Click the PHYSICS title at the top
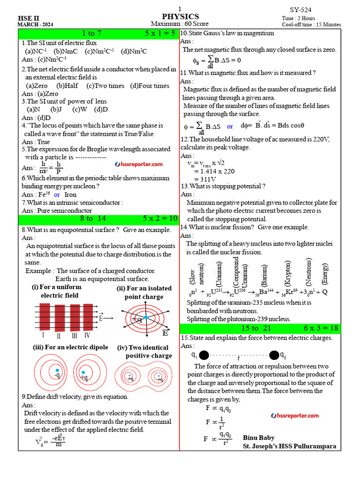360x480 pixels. [180, 16]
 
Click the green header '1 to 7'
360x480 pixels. [91, 33]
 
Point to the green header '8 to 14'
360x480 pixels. [93, 218]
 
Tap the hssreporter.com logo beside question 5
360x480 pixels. [139, 164]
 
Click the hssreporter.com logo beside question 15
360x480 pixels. [295, 415]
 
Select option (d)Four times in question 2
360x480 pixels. [150, 86]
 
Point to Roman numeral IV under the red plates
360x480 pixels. [87, 335]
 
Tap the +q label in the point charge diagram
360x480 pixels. [137, 319]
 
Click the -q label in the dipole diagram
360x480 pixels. [56, 375]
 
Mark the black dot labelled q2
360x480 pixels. [273, 355]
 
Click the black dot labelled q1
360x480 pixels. [203, 355]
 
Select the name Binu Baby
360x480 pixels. [258, 438]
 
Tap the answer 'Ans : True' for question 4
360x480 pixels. [36, 142]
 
